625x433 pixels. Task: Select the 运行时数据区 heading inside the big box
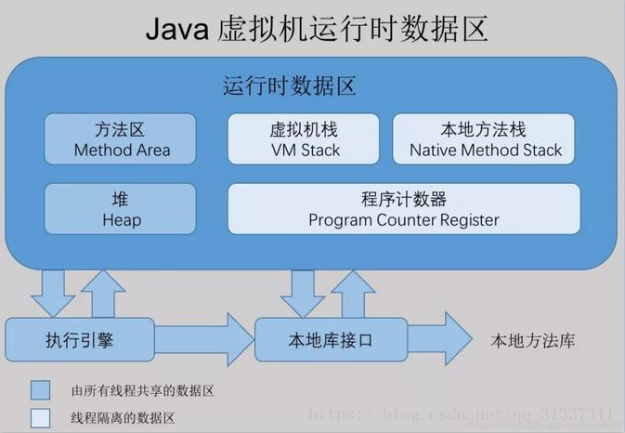pos(289,87)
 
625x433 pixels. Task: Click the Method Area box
pos(121,139)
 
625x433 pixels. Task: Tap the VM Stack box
pos(304,139)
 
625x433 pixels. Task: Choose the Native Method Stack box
pos(486,139)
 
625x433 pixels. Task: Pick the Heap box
pos(121,209)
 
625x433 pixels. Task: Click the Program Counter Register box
pos(404,209)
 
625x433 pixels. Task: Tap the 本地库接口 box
pos(331,340)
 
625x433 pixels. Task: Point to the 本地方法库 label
pos(532,341)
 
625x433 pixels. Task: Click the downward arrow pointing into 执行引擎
pos(52,292)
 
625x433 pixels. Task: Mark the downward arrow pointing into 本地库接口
pos(303,292)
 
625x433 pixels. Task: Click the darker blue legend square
pos(40,389)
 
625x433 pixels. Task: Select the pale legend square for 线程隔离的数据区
pos(40,417)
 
